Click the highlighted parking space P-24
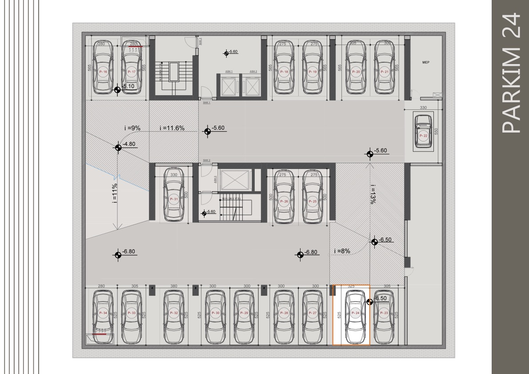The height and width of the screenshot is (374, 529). point(351,315)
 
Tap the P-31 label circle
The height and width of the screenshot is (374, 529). point(173,199)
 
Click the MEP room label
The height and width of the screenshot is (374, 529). point(425,63)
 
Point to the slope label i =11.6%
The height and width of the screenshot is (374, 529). point(172,128)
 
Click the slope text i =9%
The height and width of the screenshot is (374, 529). point(132,128)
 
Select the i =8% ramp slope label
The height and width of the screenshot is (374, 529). point(342,251)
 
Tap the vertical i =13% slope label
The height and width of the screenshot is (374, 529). point(373,194)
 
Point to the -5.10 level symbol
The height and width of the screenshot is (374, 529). point(117,89)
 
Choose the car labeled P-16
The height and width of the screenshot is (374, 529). point(103,67)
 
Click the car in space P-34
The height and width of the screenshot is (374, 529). point(103,317)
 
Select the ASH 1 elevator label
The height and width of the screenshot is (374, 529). point(229,72)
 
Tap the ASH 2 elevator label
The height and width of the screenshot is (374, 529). point(253,72)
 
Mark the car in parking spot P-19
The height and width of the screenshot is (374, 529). point(313,67)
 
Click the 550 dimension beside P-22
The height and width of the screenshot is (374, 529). point(436,132)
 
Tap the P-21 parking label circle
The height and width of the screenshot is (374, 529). point(385,72)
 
